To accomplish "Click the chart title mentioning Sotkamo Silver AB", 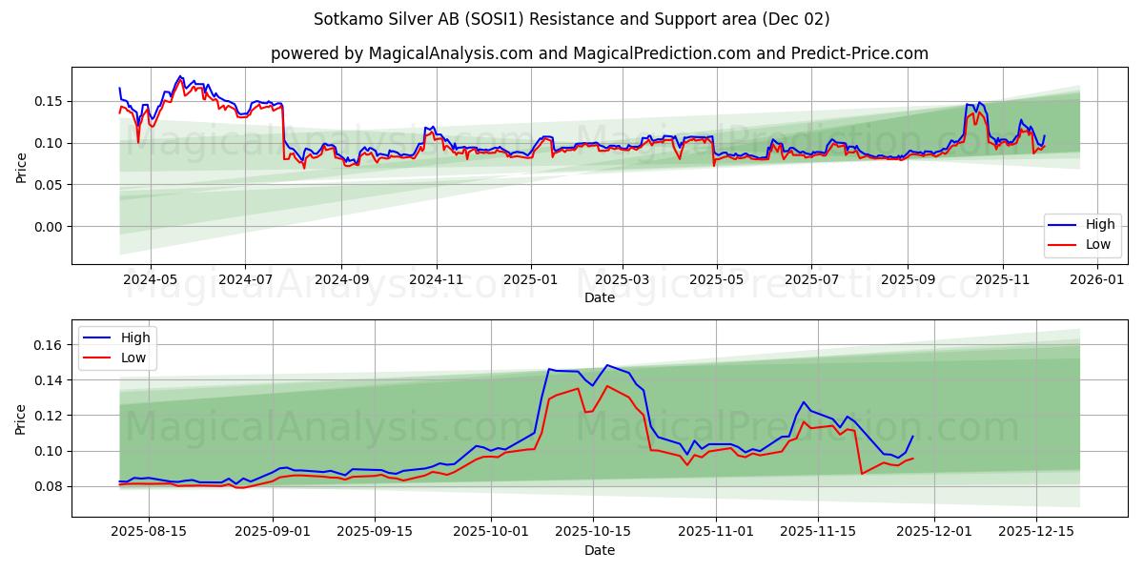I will click(x=571, y=19).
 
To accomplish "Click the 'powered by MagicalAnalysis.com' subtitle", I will click(x=599, y=53).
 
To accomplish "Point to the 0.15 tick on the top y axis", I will click(x=49, y=101).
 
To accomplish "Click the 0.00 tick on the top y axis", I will click(x=49, y=227).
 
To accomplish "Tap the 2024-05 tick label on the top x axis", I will click(x=151, y=280).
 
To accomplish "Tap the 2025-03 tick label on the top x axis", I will click(x=623, y=280).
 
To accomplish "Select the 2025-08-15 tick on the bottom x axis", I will click(x=149, y=532).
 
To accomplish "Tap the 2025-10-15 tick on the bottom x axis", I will click(x=593, y=532).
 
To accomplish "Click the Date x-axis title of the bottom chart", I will click(x=599, y=550).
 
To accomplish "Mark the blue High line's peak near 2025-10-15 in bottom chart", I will click(x=606, y=365).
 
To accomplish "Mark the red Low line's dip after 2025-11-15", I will click(x=862, y=474).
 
